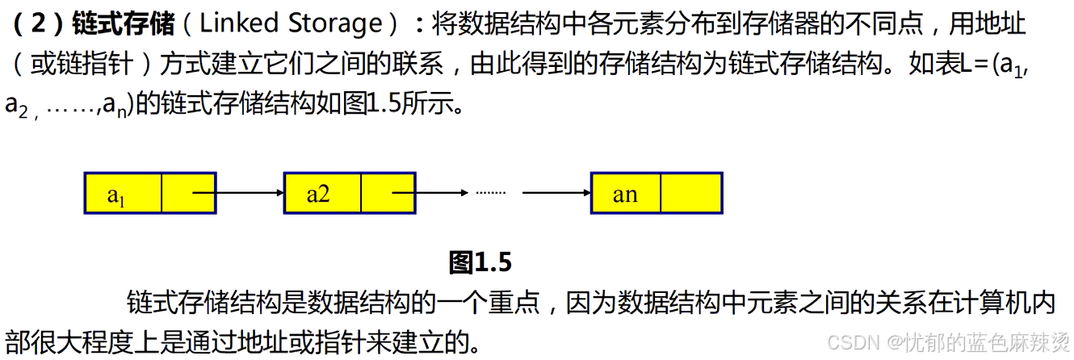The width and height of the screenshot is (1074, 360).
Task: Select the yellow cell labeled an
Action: click(x=626, y=193)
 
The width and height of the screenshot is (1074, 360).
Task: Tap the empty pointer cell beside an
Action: click(x=690, y=193)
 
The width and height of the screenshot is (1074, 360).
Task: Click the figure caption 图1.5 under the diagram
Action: click(x=480, y=262)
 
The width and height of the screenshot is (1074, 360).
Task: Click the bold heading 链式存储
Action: click(x=124, y=23)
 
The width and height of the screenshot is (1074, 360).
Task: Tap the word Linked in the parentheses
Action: click(x=239, y=23)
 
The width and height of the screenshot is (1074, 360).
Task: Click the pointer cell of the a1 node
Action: click(x=189, y=193)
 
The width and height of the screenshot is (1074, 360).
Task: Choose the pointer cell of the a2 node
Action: click(x=388, y=193)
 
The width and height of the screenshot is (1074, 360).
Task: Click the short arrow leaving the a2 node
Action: click(x=440, y=193)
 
